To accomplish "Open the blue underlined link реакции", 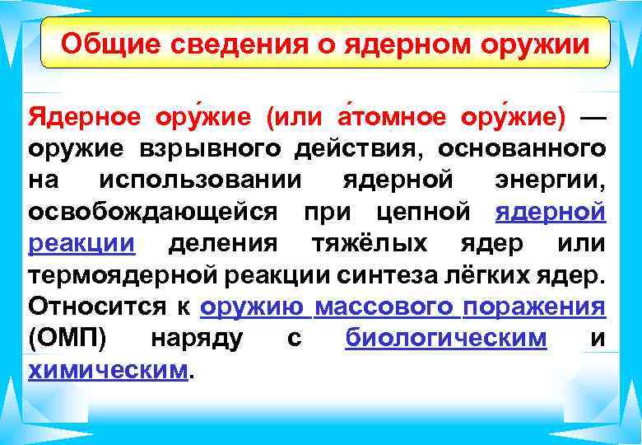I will (x=81, y=245).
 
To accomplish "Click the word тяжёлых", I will (x=370, y=245).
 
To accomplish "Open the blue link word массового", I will (x=384, y=307).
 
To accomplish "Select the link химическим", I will (x=108, y=371).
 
